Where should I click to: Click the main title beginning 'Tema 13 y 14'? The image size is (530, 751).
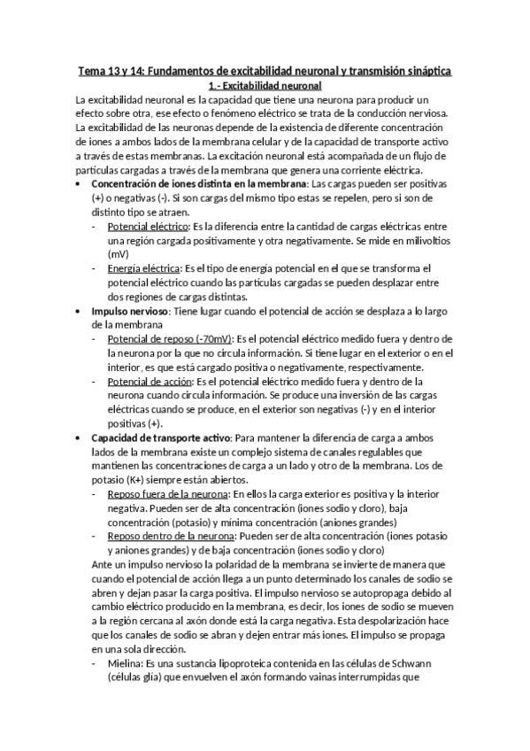click(265, 70)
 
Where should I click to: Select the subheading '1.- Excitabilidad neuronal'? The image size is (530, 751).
click(264, 86)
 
